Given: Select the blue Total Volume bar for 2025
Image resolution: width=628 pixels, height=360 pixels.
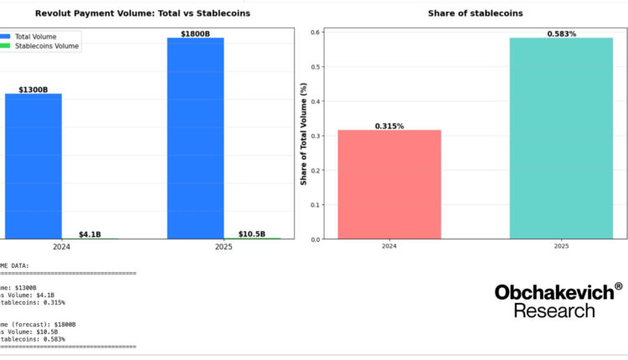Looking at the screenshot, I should coord(196,138).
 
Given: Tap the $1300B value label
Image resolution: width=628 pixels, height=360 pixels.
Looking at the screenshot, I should coord(33,89).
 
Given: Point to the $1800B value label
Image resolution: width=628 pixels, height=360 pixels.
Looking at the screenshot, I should coord(196,33).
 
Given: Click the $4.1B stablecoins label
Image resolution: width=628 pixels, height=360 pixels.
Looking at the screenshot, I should coord(90,234).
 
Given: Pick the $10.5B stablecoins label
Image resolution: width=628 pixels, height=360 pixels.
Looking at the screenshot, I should coord(252,234).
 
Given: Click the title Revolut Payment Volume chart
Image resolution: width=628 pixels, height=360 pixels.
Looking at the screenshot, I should coord(142,13).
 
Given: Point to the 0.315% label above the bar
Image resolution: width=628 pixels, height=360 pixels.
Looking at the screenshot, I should coord(389,126).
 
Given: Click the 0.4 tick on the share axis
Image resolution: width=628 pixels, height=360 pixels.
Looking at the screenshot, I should coord(316,101).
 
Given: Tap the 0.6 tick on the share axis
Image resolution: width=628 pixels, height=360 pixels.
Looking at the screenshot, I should coord(316,32).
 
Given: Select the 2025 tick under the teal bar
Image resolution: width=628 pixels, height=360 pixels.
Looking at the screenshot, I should coord(561,247).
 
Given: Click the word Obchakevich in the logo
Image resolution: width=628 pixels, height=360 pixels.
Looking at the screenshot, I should coord(553,292).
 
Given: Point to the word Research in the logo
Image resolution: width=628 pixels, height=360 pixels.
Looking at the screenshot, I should coord(554,311).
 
